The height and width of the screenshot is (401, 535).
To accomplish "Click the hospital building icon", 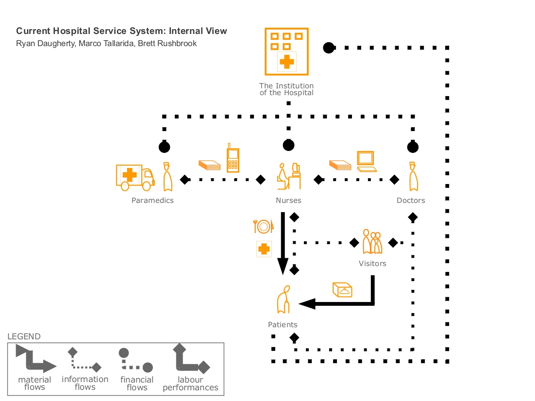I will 286,51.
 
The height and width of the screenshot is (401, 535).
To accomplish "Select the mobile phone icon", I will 233,157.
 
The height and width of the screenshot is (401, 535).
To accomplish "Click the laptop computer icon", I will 367,162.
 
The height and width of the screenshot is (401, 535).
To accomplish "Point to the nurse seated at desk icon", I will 288,176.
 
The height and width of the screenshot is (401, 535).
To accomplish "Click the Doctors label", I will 411,200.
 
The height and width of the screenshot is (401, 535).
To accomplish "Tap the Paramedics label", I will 152,200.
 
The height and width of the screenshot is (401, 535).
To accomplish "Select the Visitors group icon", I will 372,242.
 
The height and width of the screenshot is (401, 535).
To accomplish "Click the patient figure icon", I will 284,300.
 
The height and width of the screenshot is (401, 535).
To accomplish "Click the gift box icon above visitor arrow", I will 342,289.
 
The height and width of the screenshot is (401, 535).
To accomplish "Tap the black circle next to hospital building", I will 329,48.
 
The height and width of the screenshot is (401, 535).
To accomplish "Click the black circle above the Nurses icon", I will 289,145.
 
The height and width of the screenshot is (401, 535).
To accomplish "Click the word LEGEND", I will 24,336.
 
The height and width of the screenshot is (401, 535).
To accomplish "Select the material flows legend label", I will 34,383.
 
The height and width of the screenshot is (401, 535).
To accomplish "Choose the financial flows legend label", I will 137,384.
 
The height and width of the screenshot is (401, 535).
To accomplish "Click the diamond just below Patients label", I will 294,337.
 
